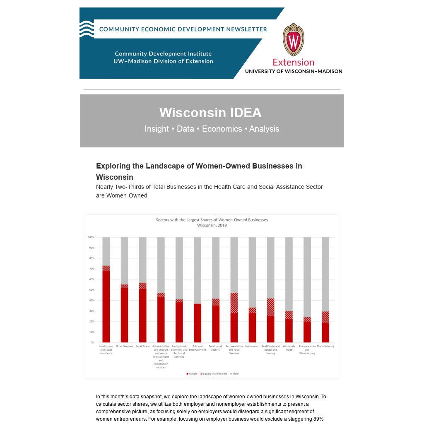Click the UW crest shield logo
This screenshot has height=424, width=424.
294,40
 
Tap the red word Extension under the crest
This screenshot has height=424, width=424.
293,63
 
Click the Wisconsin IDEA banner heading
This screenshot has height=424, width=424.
210,113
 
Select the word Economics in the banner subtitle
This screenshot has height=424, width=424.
222,129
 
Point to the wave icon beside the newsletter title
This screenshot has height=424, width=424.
87,29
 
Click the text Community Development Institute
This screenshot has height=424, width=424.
163,54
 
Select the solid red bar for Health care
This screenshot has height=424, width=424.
106,306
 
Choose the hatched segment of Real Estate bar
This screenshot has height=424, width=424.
270,307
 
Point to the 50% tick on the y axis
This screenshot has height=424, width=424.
91,290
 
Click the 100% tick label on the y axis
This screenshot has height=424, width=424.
91,237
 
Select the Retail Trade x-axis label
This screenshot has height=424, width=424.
142,346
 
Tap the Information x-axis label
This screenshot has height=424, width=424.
252,346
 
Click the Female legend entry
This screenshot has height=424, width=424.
192,374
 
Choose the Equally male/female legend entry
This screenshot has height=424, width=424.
214,374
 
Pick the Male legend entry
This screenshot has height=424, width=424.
234,374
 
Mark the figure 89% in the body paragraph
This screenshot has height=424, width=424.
318,419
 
